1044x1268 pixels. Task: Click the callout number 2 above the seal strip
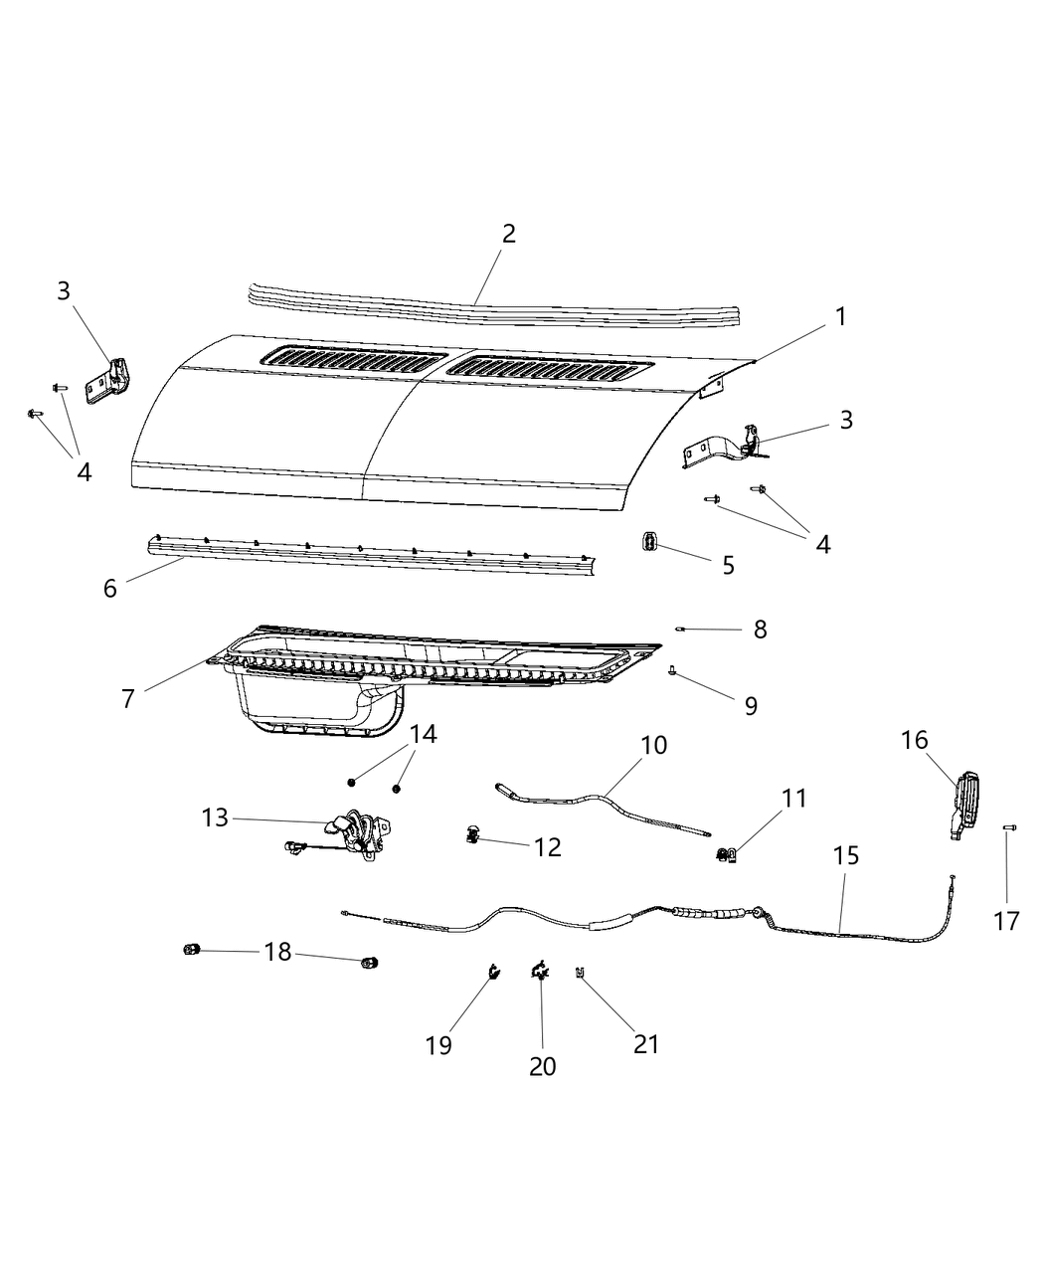point(508,234)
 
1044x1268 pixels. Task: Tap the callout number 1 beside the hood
point(840,317)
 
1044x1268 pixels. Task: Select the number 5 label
point(729,566)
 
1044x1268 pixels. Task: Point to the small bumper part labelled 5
point(647,542)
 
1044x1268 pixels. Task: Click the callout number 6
point(109,588)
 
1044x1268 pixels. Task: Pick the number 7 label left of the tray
point(127,698)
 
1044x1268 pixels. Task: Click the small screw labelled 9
point(673,673)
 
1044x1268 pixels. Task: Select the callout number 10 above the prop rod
point(654,746)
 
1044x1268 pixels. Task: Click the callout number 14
point(423,735)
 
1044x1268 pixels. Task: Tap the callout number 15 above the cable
point(846,855)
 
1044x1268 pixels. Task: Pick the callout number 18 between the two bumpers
point(278,952)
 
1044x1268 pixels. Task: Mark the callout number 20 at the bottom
point(542,1066)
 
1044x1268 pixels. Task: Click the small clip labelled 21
point(579,974)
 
